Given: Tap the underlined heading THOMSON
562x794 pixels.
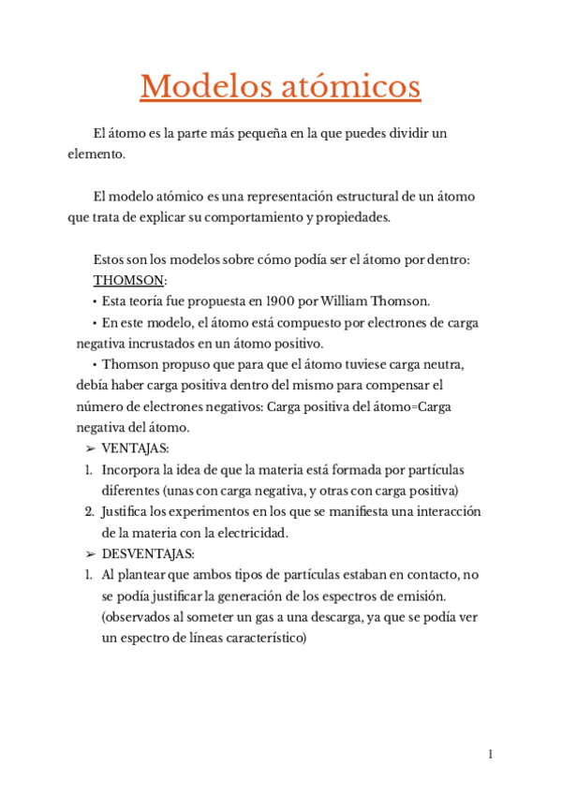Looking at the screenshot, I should pos(128,280).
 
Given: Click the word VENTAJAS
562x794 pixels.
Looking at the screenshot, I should pos(135,448).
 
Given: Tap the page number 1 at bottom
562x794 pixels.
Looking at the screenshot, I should pos(490,755).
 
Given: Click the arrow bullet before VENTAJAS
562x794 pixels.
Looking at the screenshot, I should pos(89,448).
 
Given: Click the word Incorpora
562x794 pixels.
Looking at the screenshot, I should pos(130,469).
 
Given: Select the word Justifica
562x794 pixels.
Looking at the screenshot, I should pos(127,512).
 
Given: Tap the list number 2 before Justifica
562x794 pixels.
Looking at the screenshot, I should pos(89,512).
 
